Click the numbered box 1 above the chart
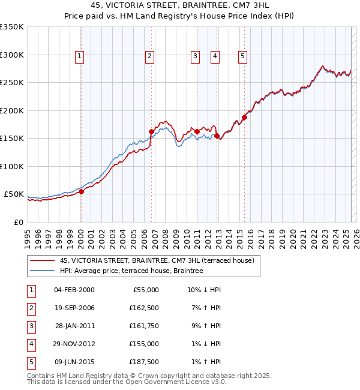[80, 56]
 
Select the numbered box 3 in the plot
[195, 56]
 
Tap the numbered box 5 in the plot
[242, 56]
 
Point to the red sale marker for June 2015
[245, 118]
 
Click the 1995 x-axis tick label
[28, 234]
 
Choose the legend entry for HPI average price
[131, 271]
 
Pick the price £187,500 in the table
[144, 362]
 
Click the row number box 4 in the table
[29, 344]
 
